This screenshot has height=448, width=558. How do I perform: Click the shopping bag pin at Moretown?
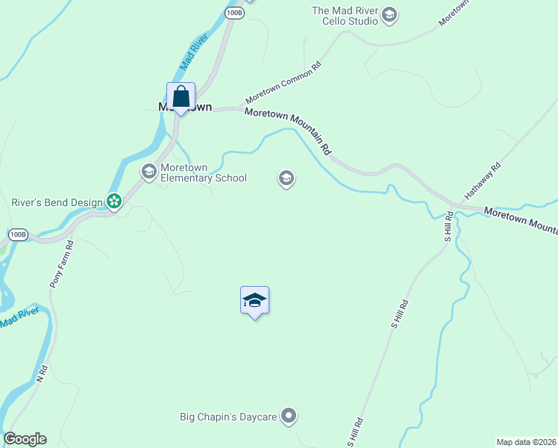tap(181, 97)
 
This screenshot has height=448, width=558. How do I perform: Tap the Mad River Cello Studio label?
tap(345, 16)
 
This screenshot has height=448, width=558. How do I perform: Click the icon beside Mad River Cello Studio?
tap(389, 15)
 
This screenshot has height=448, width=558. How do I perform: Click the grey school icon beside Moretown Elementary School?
tap(148, 172)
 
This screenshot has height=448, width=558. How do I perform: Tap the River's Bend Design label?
tap(57, 202)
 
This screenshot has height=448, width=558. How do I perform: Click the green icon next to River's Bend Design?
tap(113, 202)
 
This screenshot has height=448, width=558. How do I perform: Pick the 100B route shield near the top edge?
tap(234, 13)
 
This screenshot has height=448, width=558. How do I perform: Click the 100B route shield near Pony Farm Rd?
tap(18, 234)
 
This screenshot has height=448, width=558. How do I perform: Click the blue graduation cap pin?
tap(254, 300)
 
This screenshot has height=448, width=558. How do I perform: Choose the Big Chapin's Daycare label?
tap(229, 417)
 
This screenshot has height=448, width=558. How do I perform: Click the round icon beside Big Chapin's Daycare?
tap(289, 417)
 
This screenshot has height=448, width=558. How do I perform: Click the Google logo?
tap(25, 439)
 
